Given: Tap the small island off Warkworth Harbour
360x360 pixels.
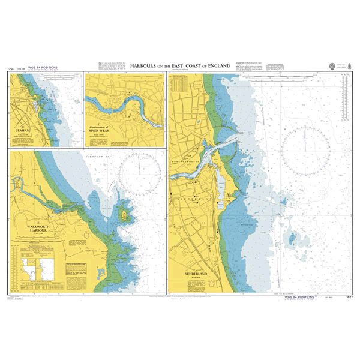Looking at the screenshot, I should click(x=125, y=214).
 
